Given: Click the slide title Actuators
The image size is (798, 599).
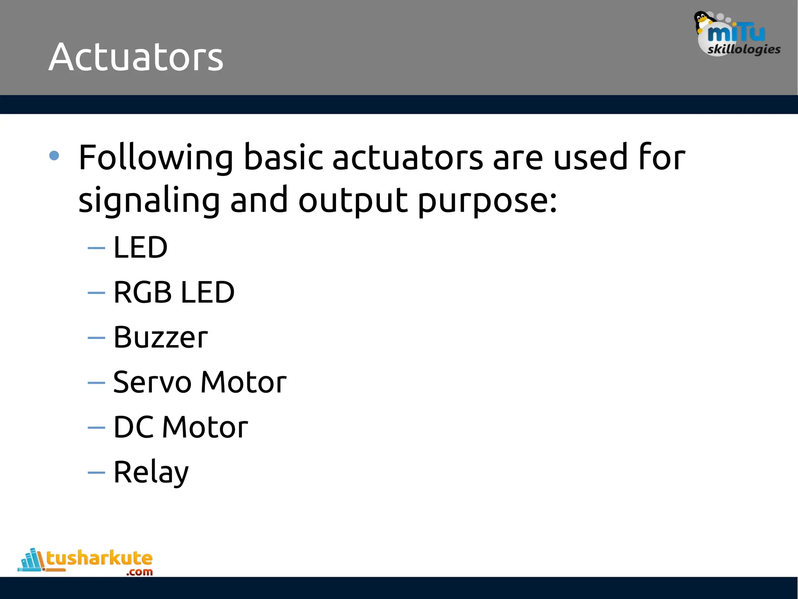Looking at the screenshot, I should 136,57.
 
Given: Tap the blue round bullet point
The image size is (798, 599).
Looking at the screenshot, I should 54,156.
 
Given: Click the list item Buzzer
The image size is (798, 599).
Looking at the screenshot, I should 161,337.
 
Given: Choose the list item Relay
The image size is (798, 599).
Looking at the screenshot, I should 151,472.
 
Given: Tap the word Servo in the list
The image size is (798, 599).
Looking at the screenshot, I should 152,382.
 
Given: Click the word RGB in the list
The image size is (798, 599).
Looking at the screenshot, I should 143,292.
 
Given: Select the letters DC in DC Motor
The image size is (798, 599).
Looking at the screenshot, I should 133,427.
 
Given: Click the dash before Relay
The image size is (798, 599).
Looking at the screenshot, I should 96,473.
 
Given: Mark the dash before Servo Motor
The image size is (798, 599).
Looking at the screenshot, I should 96,383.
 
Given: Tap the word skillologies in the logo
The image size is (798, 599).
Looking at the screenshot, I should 744,50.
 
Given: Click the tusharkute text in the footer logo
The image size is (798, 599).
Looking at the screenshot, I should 99,558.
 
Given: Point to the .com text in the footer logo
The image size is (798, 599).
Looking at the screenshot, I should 139,572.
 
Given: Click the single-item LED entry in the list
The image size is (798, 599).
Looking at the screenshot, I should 140,248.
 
